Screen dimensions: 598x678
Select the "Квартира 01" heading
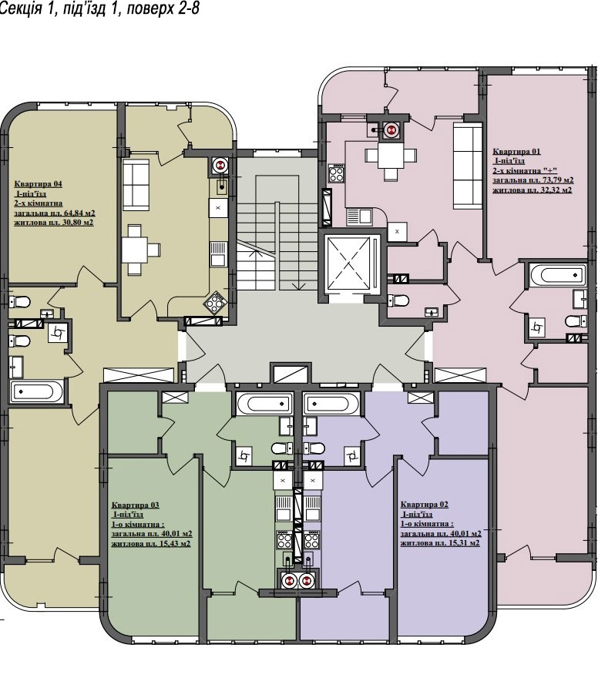517,151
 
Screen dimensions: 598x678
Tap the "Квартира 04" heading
38,184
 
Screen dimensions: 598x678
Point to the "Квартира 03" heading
136,505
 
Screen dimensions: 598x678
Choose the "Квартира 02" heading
424,505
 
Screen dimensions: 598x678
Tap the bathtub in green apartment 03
264,404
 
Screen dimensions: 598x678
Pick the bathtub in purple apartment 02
331,404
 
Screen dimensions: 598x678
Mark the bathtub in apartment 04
36,391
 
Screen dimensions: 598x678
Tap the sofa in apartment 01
468,166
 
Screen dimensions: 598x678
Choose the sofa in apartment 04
136,185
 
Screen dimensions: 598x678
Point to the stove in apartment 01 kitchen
337,173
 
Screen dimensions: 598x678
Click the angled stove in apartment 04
215,302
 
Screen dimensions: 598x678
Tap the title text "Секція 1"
26,8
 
